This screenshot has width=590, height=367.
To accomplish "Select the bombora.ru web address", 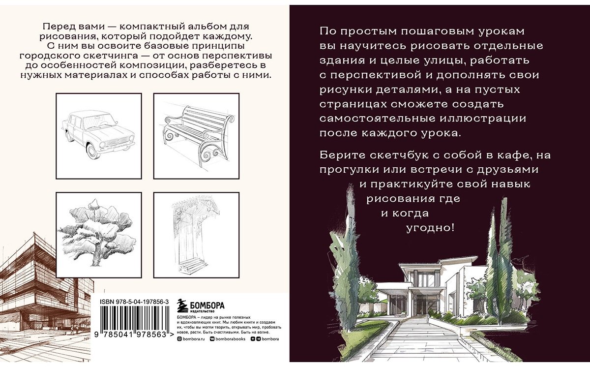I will (192, 339).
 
